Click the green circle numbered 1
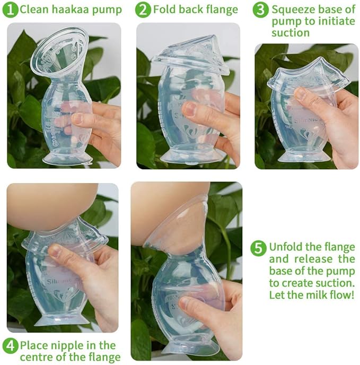pyautogui.click(x=10, y=10)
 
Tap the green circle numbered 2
pyautogui.click(x=143, y=10)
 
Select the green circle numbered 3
pyautogui.click(x=260, y=10)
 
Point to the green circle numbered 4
pyautogui.click(x=10, y=345)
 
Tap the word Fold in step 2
pyautogui.click(x=164, y=10)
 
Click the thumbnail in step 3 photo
pyautogui.click(x=301, y=94)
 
